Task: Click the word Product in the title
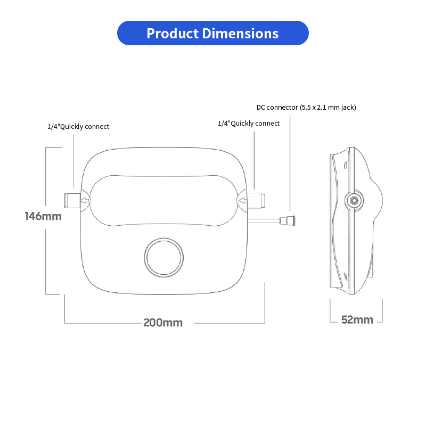click(172, 34)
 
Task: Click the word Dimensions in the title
click(240, 34)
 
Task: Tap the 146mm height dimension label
click(43, 216)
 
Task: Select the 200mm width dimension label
click(163, 323)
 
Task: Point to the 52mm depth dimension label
click(357, 319)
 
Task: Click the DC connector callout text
click(306, 107)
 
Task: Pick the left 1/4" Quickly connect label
click(78, 126)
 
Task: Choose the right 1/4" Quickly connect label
click(249, 123)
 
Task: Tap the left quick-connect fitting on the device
click(71, 200)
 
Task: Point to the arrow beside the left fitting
click(85, 201)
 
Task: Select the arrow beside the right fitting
click(243, 201)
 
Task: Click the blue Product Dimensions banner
click(212, 33)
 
